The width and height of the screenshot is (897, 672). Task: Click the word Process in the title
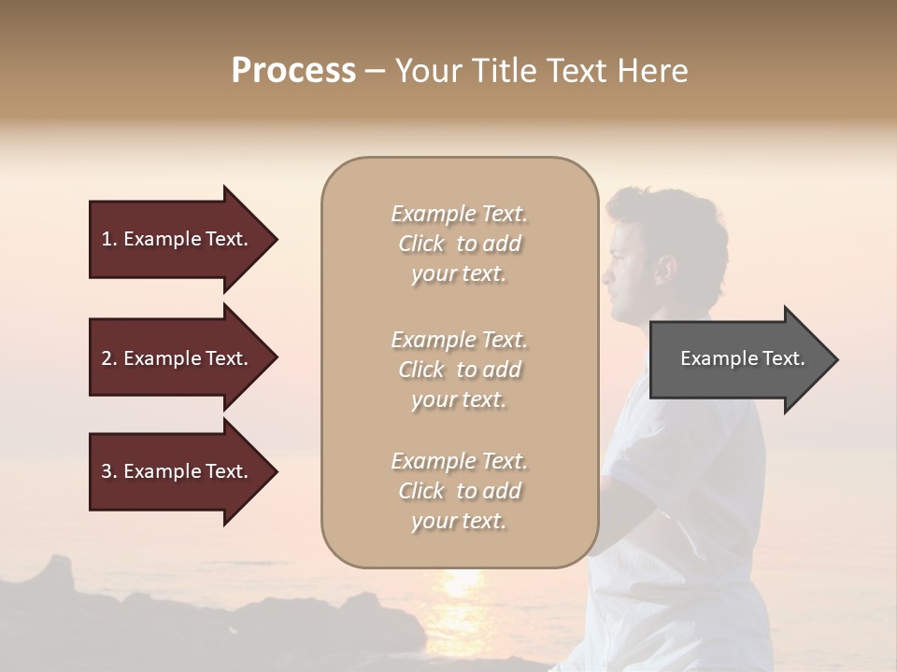pyautogui.click(x=293, y=71)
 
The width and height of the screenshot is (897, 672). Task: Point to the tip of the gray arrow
pyautogui.click(x=835, y=359)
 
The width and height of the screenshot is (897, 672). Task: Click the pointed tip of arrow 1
pyautogui.click(x=275, y=239)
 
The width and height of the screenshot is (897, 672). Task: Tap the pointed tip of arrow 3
pyautogui.click(x=275, y=471)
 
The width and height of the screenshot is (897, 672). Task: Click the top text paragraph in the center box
pyautogui.click(x=459, y=244)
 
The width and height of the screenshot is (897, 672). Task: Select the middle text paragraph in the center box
pyautogui.click(x=459, y=370)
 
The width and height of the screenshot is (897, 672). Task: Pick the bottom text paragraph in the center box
pyautogui.click(x=459, y=491)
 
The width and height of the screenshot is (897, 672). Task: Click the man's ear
pyautogui.click(x=665, y=272)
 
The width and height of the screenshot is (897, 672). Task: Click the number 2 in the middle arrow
pyautogui.click(x=107, y=358)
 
